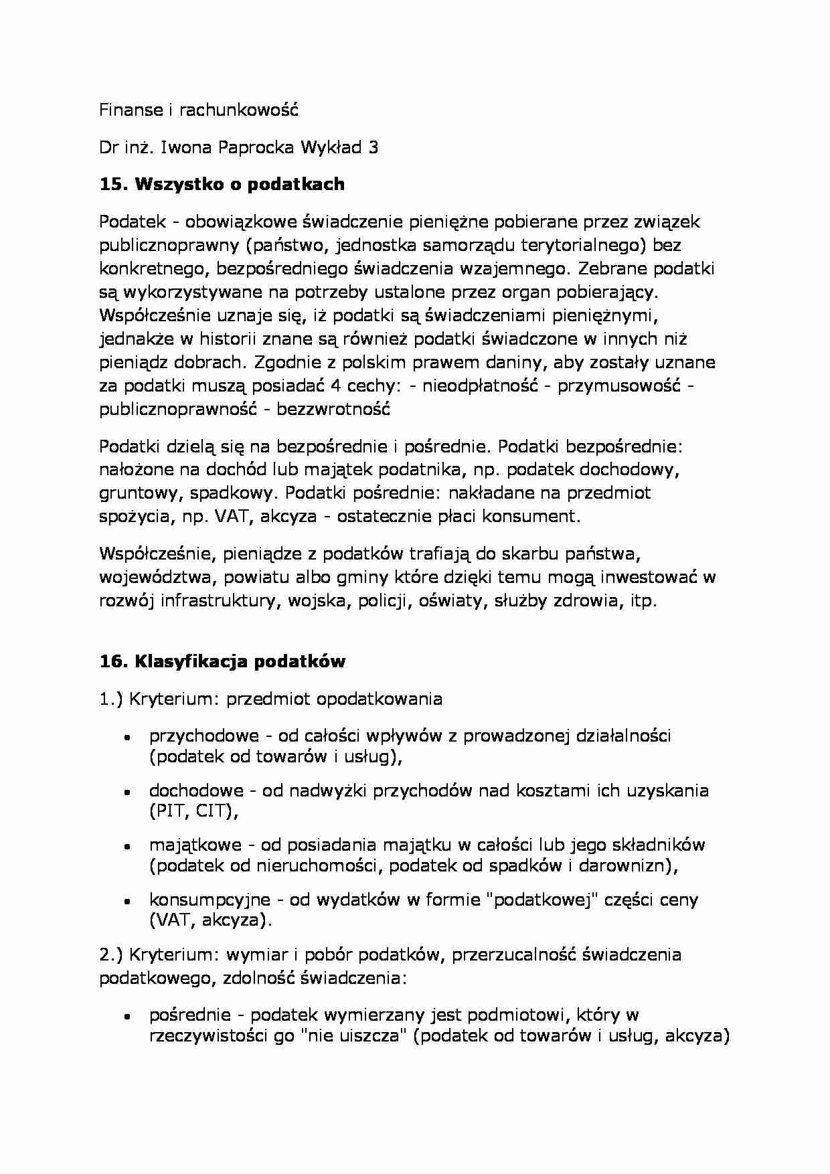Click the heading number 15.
[113, 184]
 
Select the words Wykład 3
[339, 147]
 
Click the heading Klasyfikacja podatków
[240, 661]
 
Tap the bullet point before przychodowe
[126, 737]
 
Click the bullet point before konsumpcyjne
[126, 901]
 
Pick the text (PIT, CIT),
[193, 811]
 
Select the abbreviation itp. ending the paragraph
[643, 600]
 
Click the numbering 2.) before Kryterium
[111, 954]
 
